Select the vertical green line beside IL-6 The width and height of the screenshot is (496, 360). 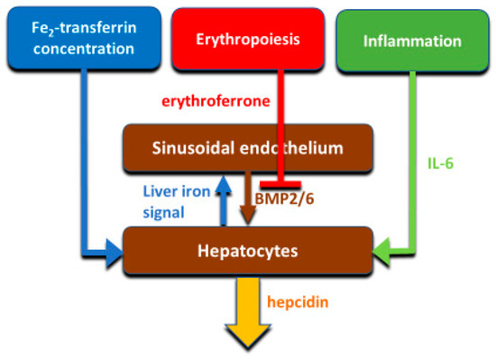(x=415, y=162)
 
